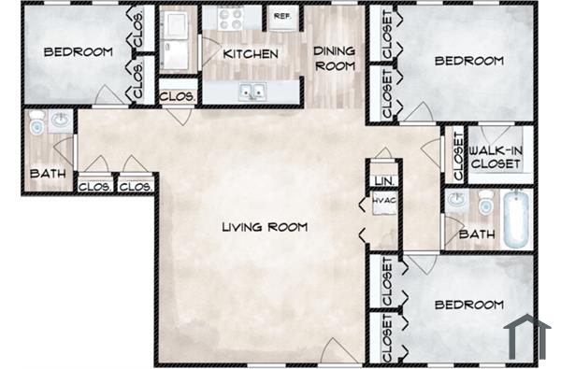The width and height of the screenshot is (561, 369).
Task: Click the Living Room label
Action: click(x=265, y=227)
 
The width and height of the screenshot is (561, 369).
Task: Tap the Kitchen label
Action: click(x=251, y=54)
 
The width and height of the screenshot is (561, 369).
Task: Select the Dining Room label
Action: click(x=333, y=59)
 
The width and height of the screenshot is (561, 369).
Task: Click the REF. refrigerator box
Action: click(x=280, y=17)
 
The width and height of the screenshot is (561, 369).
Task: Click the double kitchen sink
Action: click(x=250, y=92)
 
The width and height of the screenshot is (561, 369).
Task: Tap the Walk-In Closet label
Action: click(x=496, y=156)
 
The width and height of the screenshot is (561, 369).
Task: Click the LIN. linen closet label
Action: click(x=381, y=180)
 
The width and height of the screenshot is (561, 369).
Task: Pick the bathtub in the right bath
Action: click(x=516, y=220)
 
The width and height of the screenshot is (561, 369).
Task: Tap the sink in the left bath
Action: click(x=61, y=121)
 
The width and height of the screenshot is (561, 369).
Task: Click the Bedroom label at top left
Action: click(x=78, y=52)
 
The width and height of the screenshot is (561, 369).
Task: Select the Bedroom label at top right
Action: click(x=468, y=61)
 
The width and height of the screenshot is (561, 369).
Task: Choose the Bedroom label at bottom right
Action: click(x=468, y=305)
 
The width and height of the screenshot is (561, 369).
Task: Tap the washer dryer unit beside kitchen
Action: click(x=178, y=39)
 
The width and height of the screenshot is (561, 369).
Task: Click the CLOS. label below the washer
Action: click(x=178, y=96)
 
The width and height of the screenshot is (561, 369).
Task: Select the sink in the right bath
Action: click(x=457, y=200)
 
